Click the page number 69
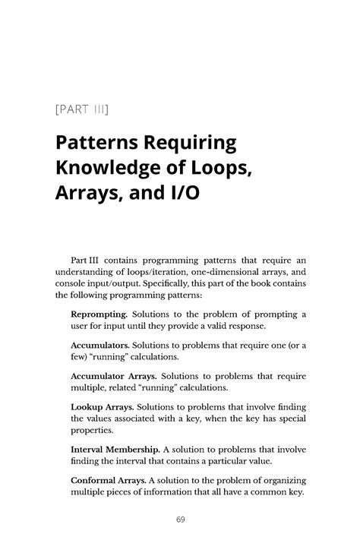coord(179,520)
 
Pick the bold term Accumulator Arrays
coord(114,376)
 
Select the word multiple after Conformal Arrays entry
coord(89,491)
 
